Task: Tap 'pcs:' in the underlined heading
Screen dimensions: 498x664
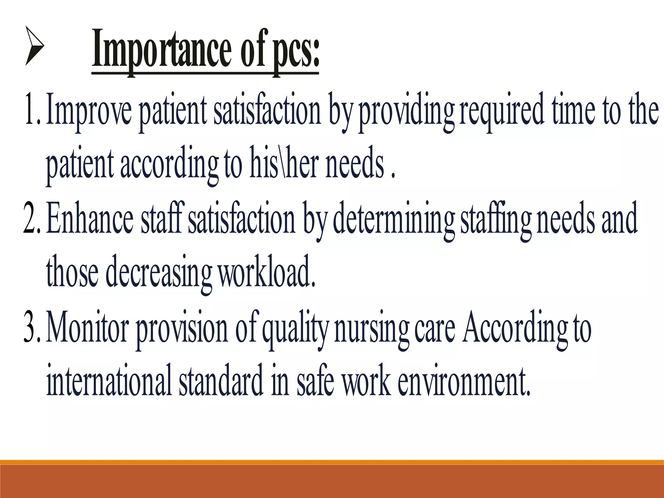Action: pyautogui.click(x=296, y=52)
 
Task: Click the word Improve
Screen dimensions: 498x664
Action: pyautogui.click(x=89, y=112)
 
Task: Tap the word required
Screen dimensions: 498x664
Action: pyautogui.click(x=501, y=112)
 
